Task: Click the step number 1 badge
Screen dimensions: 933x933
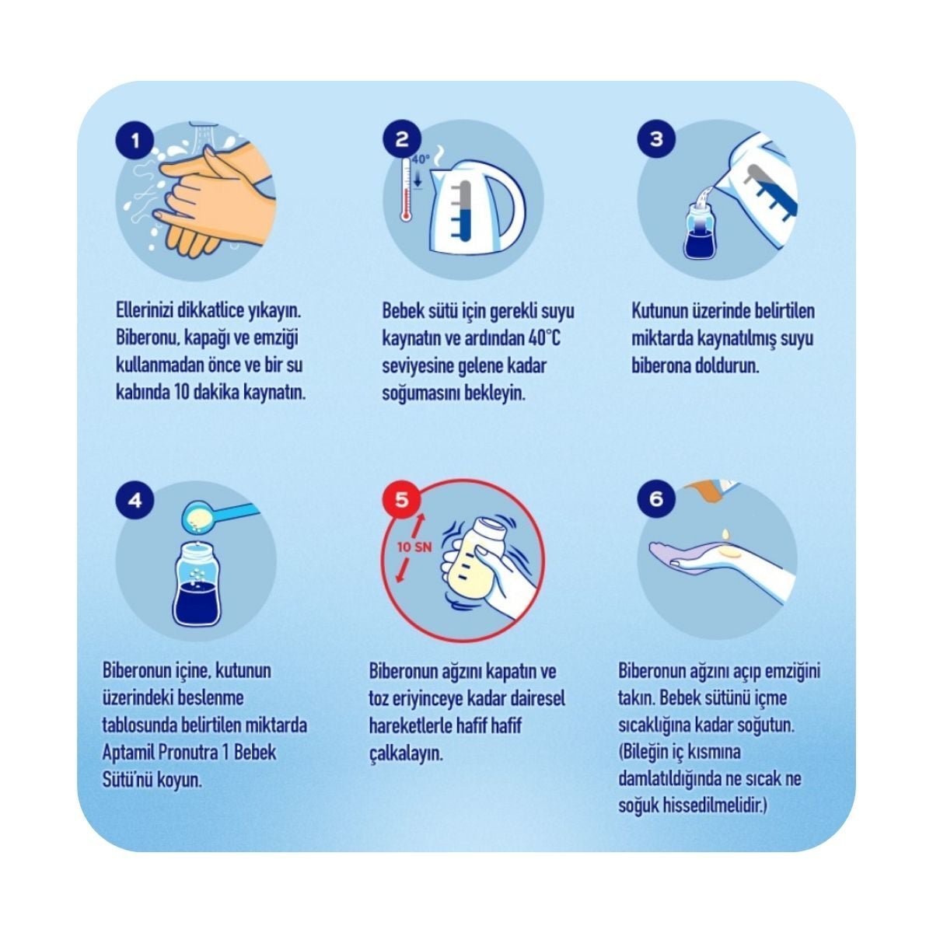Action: click(x=135, y=141)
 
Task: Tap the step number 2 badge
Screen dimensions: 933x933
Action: click(x=402, y=140)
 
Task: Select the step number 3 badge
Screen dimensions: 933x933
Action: click(x=656, y=139)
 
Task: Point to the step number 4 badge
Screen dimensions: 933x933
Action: click(x=135, y=500)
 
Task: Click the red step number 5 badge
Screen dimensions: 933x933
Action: click(x=402, y=500)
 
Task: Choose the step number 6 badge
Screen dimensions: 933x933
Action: click(x=656, y=498)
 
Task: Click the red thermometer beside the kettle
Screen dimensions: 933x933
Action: click(x=405, y=190)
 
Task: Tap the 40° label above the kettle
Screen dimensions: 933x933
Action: click(x=421, y=159)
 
